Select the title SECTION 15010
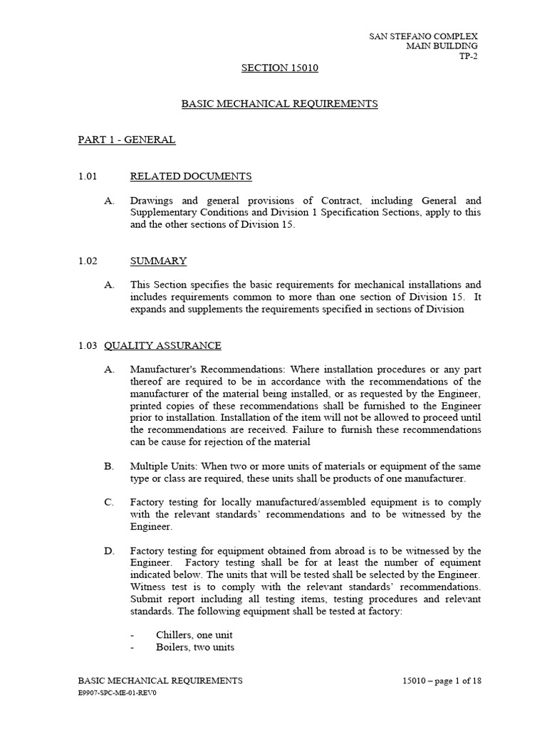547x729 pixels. click(x=279, y=68)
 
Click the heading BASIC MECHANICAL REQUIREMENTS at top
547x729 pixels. click(x=279, y=104)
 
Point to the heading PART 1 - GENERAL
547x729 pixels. click(x=126, y=140)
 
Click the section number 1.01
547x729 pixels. click(x=87, y=177)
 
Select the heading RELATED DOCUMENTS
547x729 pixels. click(x=190, y=177)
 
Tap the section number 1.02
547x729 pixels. click(x=87, y=261)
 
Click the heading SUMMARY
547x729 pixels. click(x=158, y=261)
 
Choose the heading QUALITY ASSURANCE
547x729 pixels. click(x=162, y=346)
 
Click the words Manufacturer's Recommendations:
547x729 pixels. click(x=203, y=370)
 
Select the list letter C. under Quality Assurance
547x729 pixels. click(x=109, y=503)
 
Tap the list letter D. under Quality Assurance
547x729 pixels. click(x=109, y=551)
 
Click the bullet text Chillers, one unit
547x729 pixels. click(x=194, y=635)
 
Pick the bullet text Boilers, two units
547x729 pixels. click(x=195, y=647)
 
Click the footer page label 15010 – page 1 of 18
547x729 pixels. click(x=442, y=681)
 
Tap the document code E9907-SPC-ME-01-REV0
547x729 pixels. click(x=117, y=693)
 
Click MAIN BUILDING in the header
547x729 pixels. click(x=442, y=46)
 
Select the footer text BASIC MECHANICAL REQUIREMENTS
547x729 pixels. click(x=160, y=681)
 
